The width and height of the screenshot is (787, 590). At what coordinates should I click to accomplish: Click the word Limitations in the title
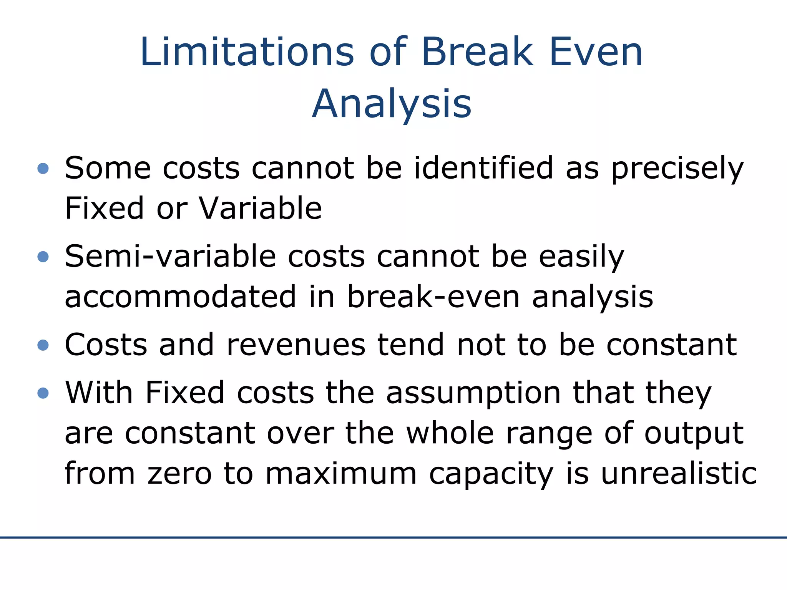pos(247,52)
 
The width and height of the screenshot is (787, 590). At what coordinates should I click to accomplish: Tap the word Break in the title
pos(477,52)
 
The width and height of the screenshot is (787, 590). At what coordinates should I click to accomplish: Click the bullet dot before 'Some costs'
pos(43,168)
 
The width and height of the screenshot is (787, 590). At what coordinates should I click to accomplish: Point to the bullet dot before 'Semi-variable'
pos(43,257)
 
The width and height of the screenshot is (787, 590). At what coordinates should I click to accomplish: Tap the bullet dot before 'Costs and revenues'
pos(43,345)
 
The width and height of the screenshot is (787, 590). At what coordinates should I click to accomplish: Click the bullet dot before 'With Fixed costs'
pos(43,393)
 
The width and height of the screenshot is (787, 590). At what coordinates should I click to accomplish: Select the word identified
pos(483,168)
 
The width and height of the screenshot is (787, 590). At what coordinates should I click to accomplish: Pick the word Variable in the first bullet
pos(260,208)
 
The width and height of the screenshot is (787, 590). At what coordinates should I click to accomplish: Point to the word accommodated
pos(181,297)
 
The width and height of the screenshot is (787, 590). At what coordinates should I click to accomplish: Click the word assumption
pos(473,393)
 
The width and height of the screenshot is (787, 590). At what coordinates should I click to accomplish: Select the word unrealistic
pos(679,473)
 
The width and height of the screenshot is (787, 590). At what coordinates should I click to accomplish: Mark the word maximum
pos(341,474)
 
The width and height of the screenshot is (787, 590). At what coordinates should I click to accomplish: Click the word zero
pos(179,474)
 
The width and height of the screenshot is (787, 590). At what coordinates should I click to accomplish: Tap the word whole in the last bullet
pos(450,433)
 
